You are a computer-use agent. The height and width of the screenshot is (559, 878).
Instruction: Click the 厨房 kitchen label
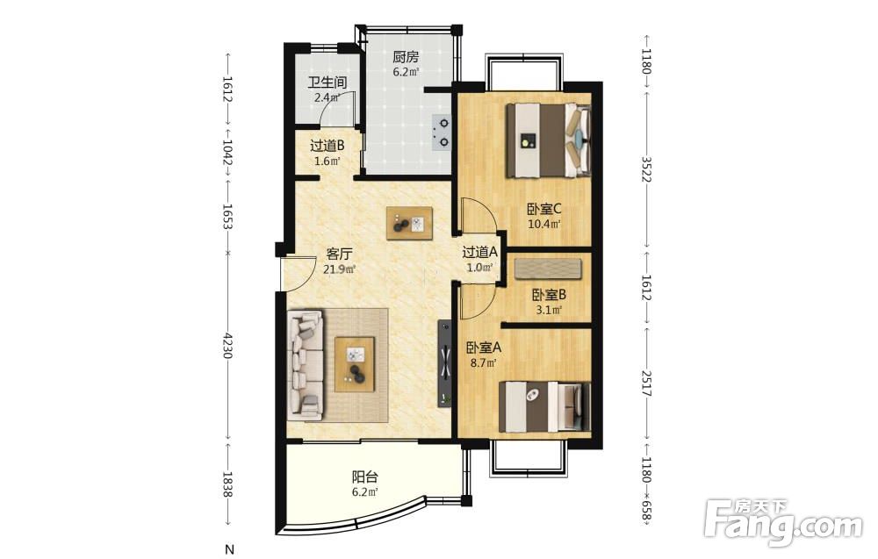tap(406, 57)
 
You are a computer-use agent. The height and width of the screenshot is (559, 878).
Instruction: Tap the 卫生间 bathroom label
tap(327, 82)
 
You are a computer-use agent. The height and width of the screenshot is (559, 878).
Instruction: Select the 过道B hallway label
tap(327, 146)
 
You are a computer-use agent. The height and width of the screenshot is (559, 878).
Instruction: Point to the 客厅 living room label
tap(339, 254)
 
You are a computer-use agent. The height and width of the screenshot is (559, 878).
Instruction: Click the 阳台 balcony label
tap(364, 477)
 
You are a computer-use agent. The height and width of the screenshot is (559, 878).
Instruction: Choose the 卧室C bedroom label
tap(543, 209)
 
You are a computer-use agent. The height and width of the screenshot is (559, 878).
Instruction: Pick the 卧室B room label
tap(549, 294)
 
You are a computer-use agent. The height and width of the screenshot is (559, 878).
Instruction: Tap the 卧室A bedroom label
tap(485, 348)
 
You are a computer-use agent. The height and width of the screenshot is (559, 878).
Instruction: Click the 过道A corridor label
tap(480, 252)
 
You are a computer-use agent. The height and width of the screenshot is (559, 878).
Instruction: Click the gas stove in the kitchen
tap(442, 133)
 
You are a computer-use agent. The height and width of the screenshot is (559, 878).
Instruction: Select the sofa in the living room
tap(306, 365)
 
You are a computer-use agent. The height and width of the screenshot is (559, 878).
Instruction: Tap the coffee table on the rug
tap(355, 364)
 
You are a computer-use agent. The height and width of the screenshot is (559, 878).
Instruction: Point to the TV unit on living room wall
tap(445, 363)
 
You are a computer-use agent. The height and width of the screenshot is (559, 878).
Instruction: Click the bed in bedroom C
tap(549, 140)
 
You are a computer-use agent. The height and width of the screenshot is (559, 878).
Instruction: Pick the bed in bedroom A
tap(545, 407)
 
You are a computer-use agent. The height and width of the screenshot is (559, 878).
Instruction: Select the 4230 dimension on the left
tap(227, 345)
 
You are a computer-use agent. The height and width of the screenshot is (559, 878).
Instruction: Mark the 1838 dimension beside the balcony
tap(227, 484)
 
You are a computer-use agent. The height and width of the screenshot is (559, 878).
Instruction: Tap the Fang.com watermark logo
tap(783, 522)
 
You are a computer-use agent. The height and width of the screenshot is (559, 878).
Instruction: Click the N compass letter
tap(228, 549)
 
